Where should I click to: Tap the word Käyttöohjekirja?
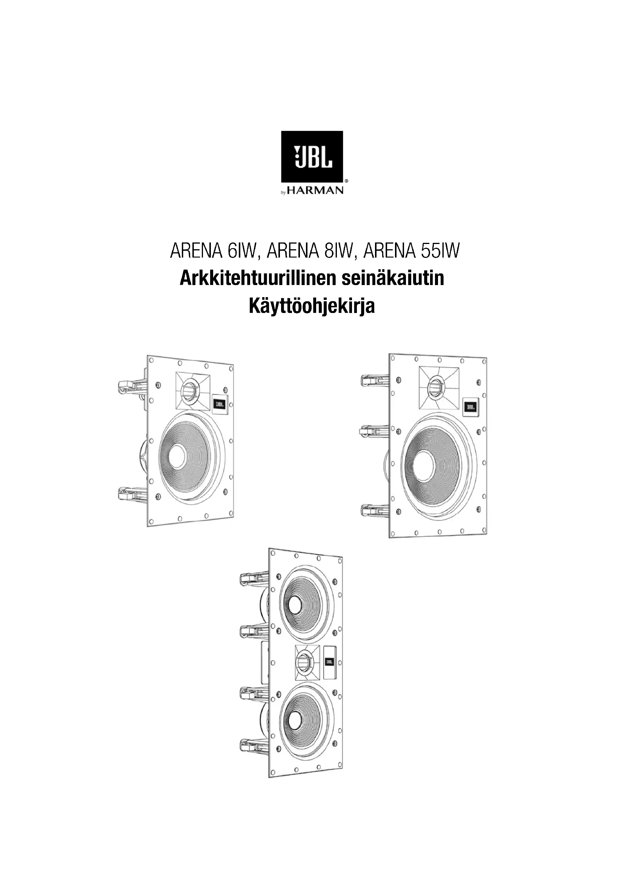tap(312, 307)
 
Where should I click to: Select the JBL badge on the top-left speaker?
tap(220, 404)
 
